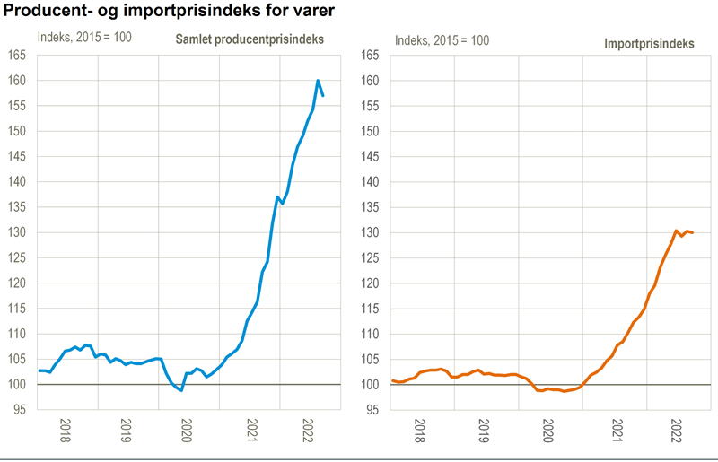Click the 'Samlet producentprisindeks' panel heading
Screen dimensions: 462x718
249,40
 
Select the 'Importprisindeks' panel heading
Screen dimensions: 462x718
648,44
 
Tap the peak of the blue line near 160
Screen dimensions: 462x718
318,81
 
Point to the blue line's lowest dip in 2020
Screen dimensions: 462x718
181,390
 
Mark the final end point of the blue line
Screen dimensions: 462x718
323,95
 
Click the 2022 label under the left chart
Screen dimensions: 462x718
308,431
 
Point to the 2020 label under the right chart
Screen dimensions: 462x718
548,431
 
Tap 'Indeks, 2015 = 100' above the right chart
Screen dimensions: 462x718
442,40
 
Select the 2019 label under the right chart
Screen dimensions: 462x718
483,431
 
